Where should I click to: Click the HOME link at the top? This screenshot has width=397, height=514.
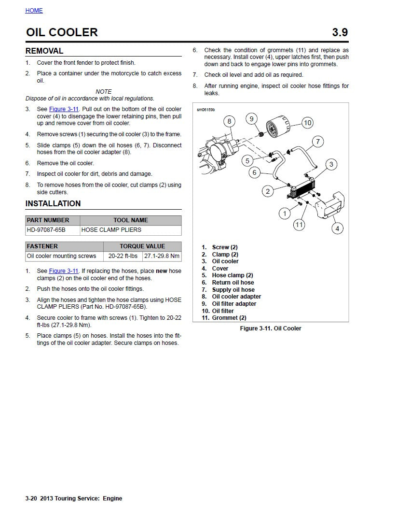click(x=34, y=11)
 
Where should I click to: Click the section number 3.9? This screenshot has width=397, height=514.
click(x=340, y=32)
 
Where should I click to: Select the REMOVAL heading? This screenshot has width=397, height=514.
click(x=44, y=51)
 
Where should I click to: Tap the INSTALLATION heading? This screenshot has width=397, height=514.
click(x=53, y=203)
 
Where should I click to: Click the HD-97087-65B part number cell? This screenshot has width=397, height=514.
click(x=46, y=230)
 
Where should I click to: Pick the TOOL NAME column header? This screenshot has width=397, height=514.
click(x=131, y=220)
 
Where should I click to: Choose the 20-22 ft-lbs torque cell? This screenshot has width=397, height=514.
click(x=123, y=256)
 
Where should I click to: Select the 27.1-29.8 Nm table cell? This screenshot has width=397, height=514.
click(x=162, y=256)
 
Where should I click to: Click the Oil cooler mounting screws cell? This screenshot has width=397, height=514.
click(x=61, y=256)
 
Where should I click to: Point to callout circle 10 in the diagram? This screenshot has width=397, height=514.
click(x=307, y=123)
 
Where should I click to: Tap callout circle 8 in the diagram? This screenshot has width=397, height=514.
click(x=230, y=121)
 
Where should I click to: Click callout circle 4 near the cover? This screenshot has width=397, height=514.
click(x=337, y=228)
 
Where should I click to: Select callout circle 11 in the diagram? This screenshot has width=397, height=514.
click(x=299, y=225)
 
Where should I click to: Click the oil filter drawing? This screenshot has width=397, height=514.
click(x=277, y=128)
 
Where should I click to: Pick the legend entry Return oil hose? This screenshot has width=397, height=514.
click(x=233, y=283)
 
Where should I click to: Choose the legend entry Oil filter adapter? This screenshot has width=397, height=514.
click(x=234, y=304)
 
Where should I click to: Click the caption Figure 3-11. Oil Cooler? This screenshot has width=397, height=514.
click(x=271, y=328)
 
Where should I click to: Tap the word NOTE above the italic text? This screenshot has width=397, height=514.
click(x=104, y=91)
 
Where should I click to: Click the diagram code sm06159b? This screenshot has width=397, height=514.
click(x=205, y=110)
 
